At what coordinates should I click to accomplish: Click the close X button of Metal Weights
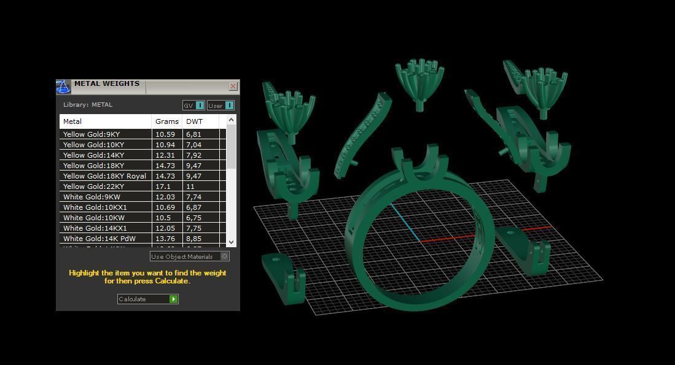point(233,86)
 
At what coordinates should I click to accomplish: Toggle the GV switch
point(193,106)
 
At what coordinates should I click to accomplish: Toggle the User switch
point(220,106)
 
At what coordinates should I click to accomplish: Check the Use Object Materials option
point(225,256)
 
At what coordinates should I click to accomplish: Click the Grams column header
point(167,121)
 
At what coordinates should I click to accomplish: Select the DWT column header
point(194,121)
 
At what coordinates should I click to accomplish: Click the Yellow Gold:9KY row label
point(92,134)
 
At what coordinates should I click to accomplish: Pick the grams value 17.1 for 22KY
point(163,186)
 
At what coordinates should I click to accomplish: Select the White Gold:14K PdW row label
point(99,239)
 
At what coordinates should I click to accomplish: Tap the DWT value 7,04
point(193,145)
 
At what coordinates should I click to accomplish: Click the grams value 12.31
point(165,155)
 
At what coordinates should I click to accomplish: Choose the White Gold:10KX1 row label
point(95,207)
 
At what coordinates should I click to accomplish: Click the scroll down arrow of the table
point(231,242)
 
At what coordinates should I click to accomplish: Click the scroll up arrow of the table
point(231,120)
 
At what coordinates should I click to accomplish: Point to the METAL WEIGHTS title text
point(107,84)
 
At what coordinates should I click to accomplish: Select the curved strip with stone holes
point(362,135)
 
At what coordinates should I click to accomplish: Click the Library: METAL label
point(88,105)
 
